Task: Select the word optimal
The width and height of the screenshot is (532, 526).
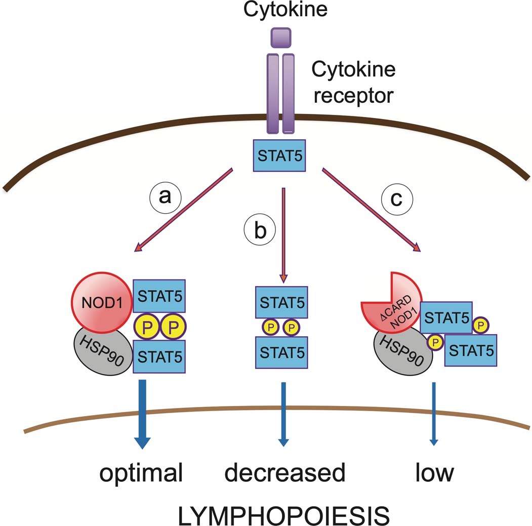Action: [x=141, y=474]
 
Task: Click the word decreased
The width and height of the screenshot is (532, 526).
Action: [x=284, y=474]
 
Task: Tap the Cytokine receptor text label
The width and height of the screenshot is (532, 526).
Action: [x=352, y=83]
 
